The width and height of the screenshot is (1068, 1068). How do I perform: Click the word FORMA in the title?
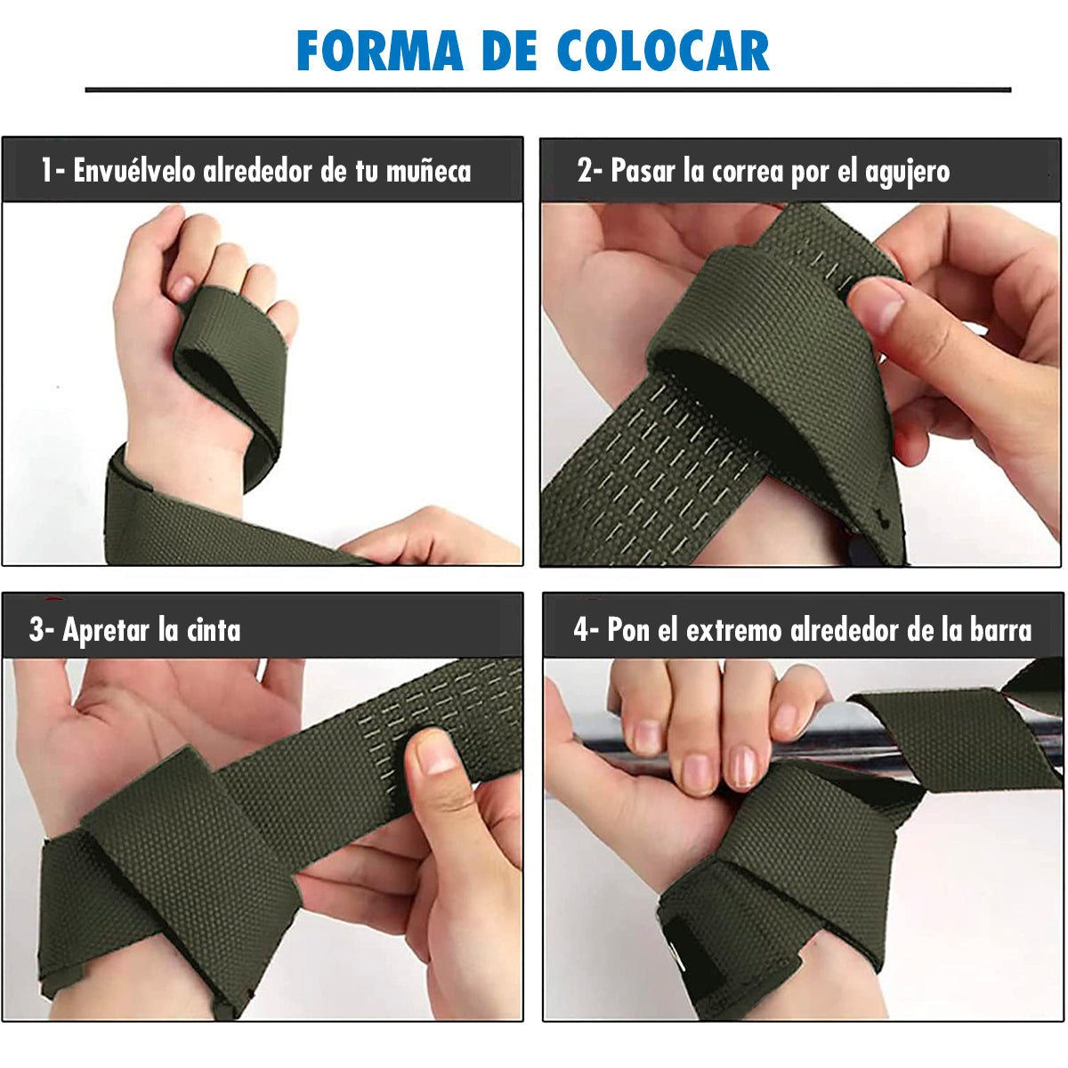tap(380, 51)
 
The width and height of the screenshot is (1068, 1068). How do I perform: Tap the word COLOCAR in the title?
tap(662, 51)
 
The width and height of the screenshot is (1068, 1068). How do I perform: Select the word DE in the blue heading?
tap(510, 51)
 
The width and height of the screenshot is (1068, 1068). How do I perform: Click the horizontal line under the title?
tap(547, 89)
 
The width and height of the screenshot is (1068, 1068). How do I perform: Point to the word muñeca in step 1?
tap(428, 171)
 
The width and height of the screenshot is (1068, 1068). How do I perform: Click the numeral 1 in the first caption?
tap(46, 170)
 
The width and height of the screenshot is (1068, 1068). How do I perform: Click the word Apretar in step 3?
tap(106, 630)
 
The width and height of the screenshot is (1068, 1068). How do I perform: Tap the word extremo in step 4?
tap(733, 631)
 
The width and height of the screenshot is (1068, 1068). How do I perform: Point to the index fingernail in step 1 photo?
tap(181, 287)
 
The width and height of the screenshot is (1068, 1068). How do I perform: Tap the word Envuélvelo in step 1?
tap(133, 170)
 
